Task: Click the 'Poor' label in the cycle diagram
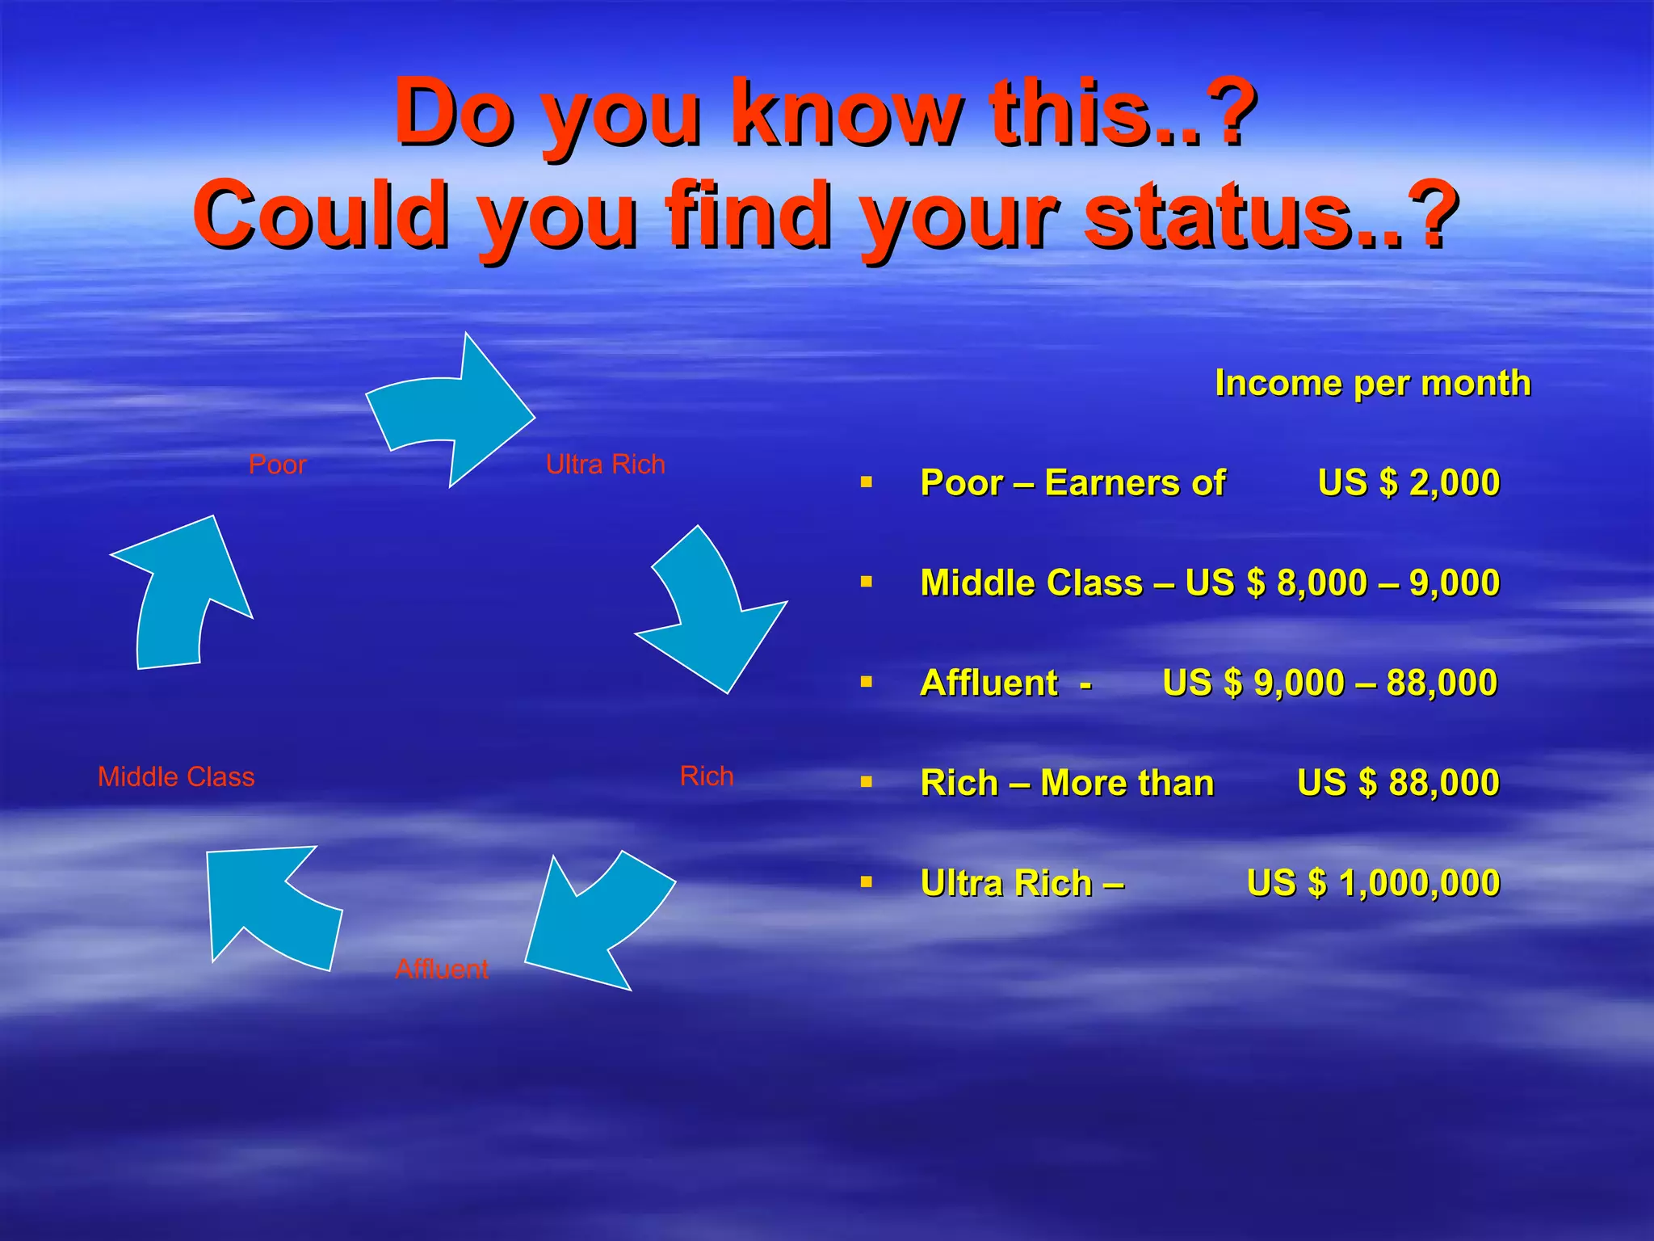[x=277, y=465]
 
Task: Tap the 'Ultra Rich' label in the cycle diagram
[x=605, y=465]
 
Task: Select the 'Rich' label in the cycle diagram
[x=707, y=776]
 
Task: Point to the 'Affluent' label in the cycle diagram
[x=442, y=969]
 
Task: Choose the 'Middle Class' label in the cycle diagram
[x=176, y=777]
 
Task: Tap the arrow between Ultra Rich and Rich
[x=711, y=614]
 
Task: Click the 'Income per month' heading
[x=1372, y=383]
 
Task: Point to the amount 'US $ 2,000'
[x=1408, y=483]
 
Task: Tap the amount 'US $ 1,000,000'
[x=1373, y=883]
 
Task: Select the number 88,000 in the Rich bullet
[x=1444, y=783]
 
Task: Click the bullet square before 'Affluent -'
[x=867, y=683]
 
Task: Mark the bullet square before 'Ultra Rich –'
[x=867, y=882]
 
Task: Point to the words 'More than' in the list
[x=1127, y=783]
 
